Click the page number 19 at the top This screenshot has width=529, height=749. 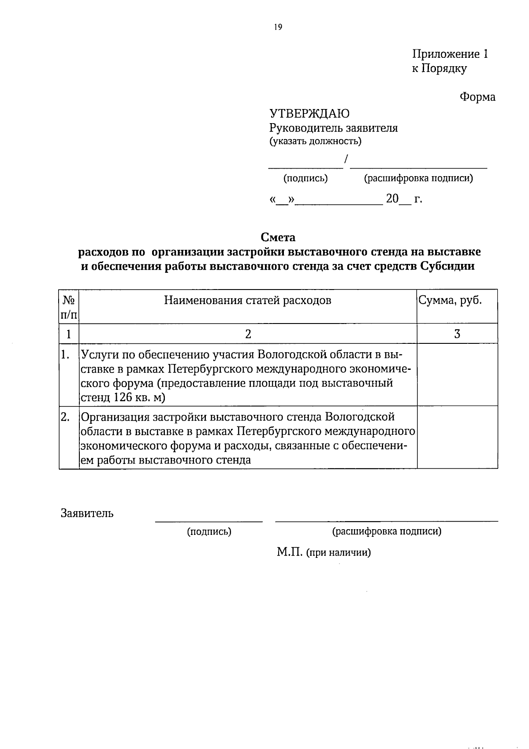click(277, 27)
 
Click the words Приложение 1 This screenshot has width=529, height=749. click(450, 54)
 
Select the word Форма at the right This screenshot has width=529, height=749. click(477, 97)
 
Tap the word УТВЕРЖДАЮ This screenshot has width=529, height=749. click(309, 113)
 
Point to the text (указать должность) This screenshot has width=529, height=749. click(315, 142)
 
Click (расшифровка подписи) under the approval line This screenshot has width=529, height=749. click(418, 178)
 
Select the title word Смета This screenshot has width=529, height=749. click(278, 237)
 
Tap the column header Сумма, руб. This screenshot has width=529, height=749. click(450, 301)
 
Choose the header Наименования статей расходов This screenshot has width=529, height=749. click(248, 301)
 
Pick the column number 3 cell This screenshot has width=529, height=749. click(457, 334)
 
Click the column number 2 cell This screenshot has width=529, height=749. click(248, 334)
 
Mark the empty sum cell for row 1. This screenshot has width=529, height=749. click(457, 375)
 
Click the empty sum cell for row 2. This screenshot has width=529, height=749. click(457, 437)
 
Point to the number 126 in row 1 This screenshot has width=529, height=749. click(123, 397)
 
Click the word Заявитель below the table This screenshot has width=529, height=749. click(87, 513)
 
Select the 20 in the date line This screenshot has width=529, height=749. click(392, 199)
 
